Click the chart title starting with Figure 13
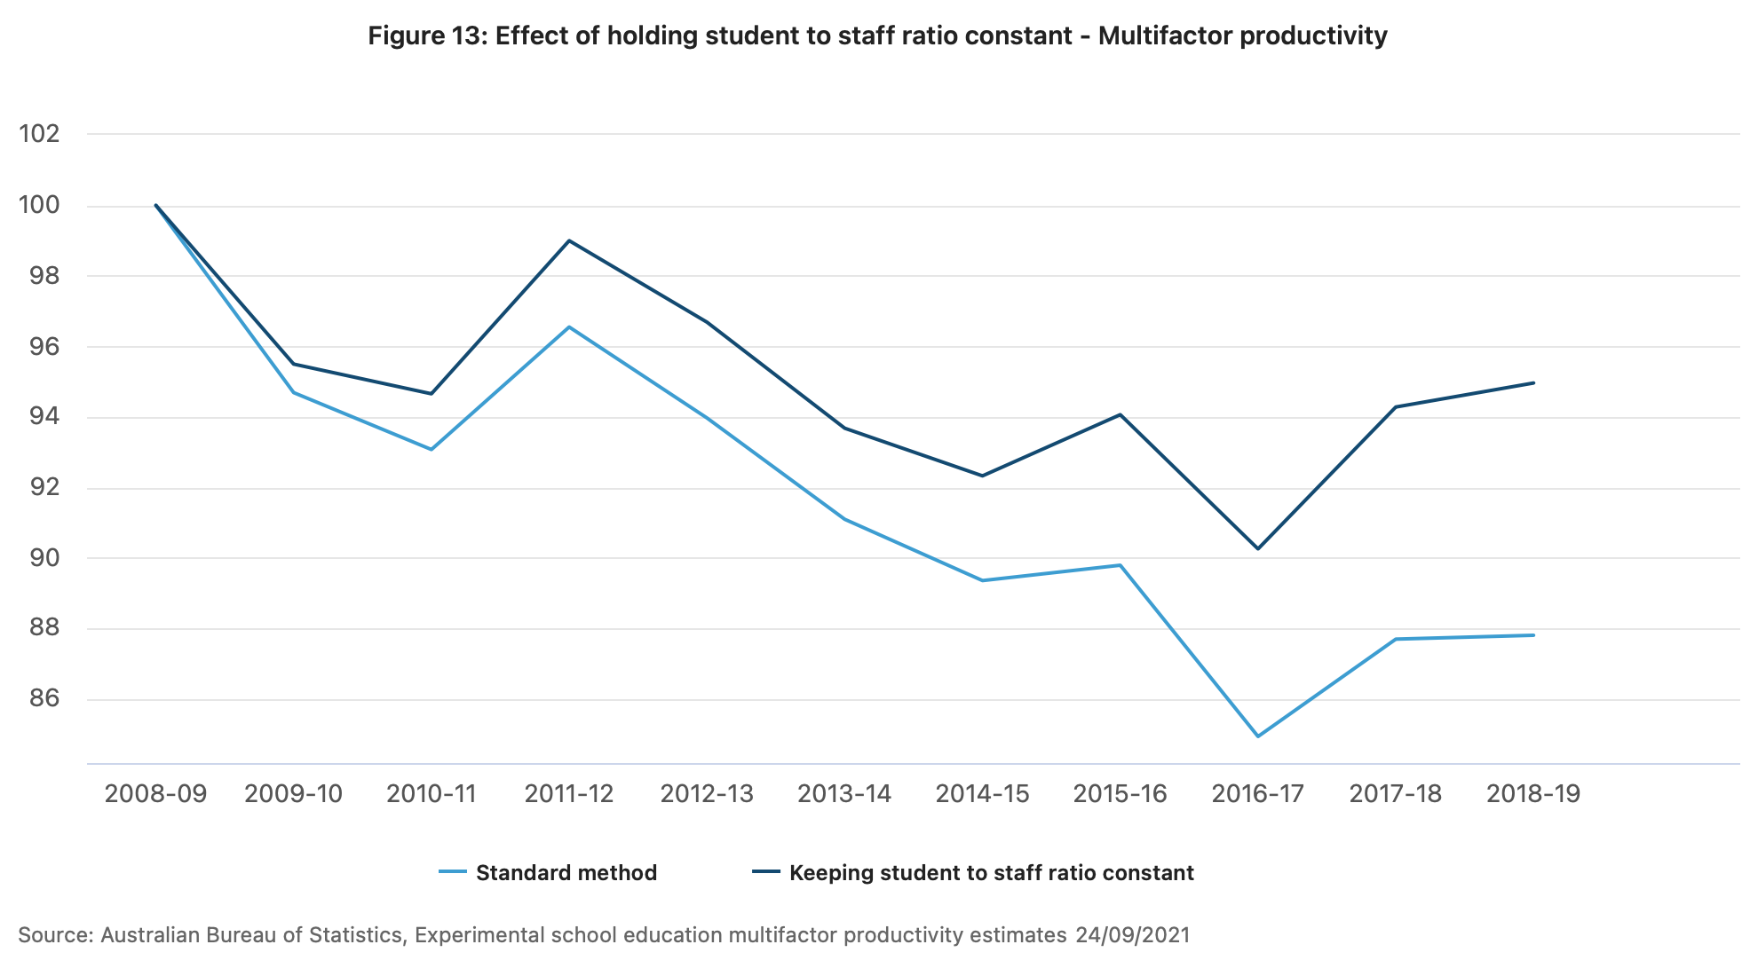(877, 36)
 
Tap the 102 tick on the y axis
(39, 134)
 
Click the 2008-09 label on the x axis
(155, 794)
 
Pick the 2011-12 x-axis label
(569, 794)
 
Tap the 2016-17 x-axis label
(1257, 794)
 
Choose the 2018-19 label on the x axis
(1533, 794)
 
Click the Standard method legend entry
(566, 873)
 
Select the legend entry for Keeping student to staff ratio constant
(991, 873)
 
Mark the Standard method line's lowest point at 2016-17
(1258, 736)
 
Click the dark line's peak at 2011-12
(569, 240)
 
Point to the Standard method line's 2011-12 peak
(569, 327)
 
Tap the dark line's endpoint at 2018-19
(1533, 382)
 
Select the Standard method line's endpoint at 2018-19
(1533, 635)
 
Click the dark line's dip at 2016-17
(1258, 548)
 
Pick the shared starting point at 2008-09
(155, 205)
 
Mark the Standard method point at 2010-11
(432, 450)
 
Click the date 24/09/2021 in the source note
(1132, 935)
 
